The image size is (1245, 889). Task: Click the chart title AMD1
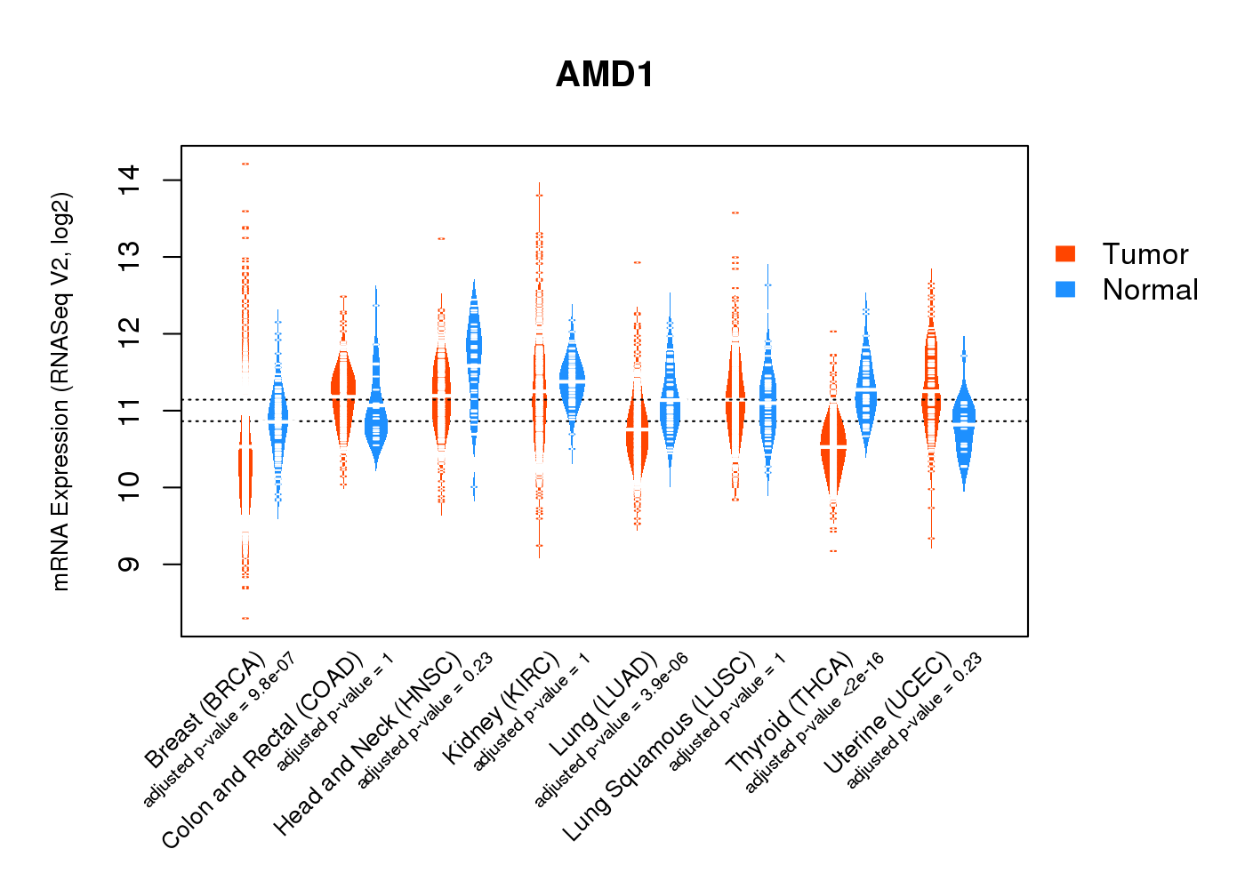click(x=605, y=75)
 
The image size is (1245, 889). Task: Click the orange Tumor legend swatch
click(x=1065, y=253)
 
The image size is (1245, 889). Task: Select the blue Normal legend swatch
click(x=1065, y=289)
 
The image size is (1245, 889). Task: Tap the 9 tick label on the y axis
click(x=130, y=564)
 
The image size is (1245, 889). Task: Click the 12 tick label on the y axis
click(x=130, y=334)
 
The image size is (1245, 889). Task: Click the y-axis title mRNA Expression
click(x=60, y=391)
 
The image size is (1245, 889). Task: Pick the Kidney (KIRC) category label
click(x=501, y=708)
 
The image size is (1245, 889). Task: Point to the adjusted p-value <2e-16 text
click(x=815, y=723)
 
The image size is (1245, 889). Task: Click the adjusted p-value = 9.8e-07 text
click(x=219, y=729)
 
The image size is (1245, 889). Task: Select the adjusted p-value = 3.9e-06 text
click(x=611, y=730)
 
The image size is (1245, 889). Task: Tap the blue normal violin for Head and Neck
click(x=474, y=356)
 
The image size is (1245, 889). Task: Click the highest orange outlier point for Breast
click(x=245, y=164)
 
